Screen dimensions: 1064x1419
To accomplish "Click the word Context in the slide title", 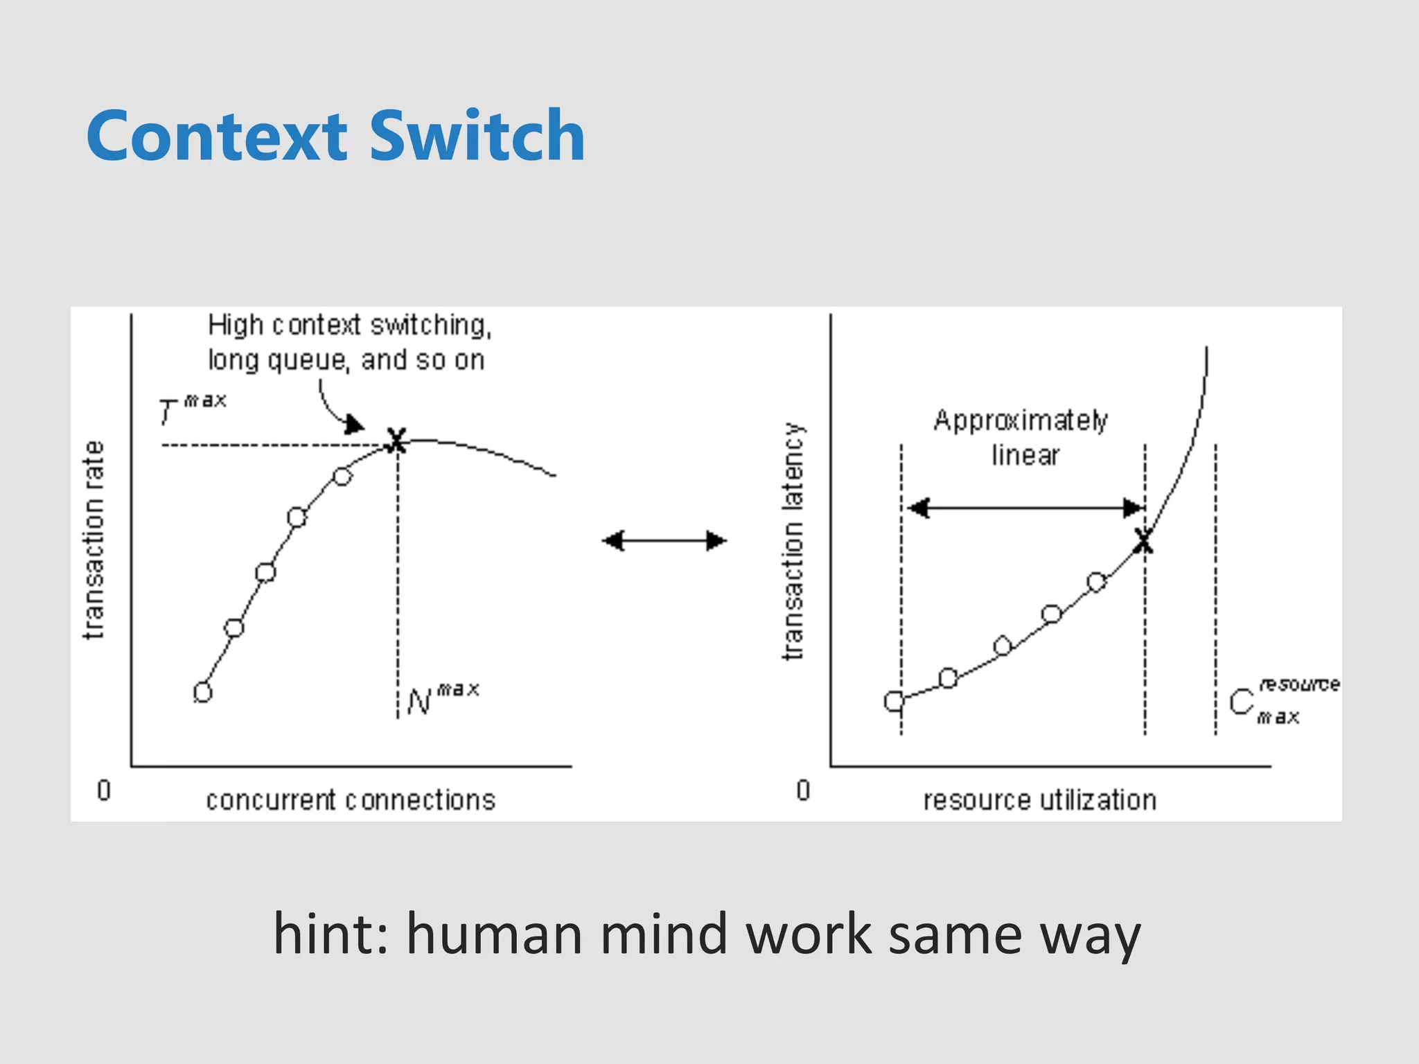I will tap(216, 136).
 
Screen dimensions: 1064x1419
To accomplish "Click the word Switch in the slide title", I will tap(477, 136).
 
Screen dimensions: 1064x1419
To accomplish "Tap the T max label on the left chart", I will tap(191, 409).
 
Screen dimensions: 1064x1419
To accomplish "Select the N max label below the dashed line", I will tap(442, 699).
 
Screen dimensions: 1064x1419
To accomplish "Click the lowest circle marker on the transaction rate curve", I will tap(202, 692).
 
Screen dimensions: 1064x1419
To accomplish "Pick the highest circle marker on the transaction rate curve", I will tap(342, 477).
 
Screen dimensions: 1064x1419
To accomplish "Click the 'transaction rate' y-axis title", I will tap(94, 540).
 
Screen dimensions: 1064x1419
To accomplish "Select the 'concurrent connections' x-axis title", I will tap(351, 800).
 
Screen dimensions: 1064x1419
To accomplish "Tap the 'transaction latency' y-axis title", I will tap(793, 540).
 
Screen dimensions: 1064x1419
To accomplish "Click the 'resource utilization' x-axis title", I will tap(1039, 800).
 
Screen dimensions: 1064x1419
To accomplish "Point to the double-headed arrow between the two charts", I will tap(664, 540).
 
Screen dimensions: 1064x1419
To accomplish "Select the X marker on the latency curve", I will tap(1143, 541).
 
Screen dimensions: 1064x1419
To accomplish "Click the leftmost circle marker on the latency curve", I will tap(894, 702).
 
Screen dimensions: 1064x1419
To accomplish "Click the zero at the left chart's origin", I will tap(104, 790).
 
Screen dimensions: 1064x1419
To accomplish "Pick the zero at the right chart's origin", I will tap(803, 790).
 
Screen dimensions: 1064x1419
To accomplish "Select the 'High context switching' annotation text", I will tap(349, 326).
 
